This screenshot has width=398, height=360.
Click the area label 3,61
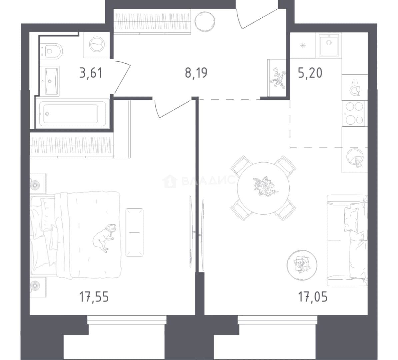coord(91,73)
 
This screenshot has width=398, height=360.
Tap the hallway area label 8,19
coord(196,73)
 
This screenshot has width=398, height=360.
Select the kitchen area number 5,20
coord(310,73)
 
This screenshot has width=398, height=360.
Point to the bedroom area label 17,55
coord(94,297)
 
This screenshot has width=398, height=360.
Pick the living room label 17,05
coord(313,297)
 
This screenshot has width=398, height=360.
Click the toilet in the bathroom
coord(52,51)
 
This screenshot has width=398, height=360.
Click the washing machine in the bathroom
coord(97,45)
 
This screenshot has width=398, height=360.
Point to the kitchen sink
coord(329,45)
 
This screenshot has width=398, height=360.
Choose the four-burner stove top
coord(354,113)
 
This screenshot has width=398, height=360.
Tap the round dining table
coord(263,188)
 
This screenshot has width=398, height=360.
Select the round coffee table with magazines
coord(302,265)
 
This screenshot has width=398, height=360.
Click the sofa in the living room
coord(347,240)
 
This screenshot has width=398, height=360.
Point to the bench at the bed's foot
coord(134,232)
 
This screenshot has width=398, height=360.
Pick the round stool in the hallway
coord(205,22)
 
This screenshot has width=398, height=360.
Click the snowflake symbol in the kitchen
coord(303,46)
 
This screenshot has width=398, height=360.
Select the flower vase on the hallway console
coord(277,78)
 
